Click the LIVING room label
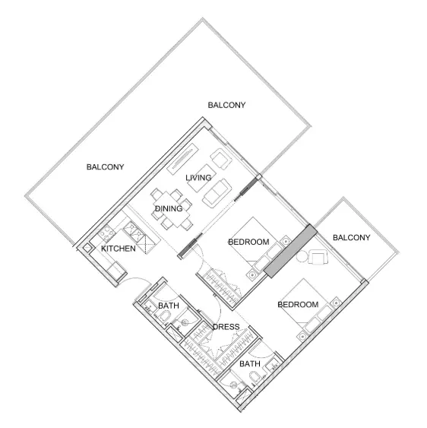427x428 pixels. [x=198, y=178]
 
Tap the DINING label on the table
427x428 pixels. [x=168, y=208]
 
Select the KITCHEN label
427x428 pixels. [x=119, y=249]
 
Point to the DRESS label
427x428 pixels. [x=226, y=328]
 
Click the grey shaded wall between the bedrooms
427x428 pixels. [x=289, y=252]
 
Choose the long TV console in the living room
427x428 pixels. [x=176, y=164]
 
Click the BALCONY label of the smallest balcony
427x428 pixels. [x=352, y=238]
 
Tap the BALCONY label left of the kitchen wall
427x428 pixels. [x=105, y=166]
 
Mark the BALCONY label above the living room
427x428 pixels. [x=226, y=105]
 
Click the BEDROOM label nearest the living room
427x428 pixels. [x=249, y=242]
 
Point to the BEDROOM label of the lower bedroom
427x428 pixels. [x=298, y=305]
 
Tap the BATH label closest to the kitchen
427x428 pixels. [x=169, y=306]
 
